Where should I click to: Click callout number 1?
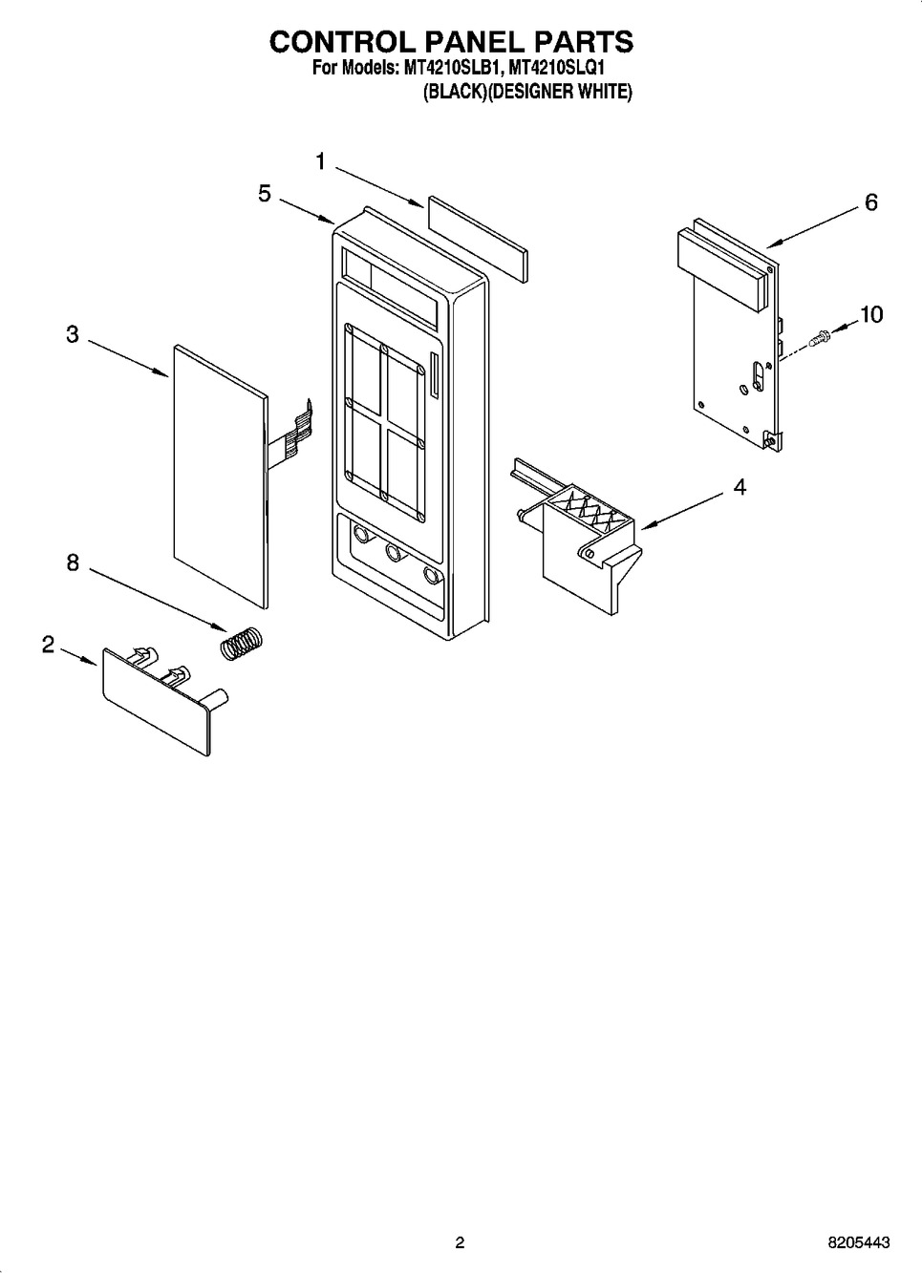(321, 162)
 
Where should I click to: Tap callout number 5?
(265, 194)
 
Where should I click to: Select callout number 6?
(870, 202)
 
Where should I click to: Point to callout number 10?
(871, 314)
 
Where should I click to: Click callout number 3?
(73, 334)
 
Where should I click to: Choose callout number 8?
(73, 562)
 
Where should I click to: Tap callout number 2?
(49, 645)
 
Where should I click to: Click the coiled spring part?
(242, 644)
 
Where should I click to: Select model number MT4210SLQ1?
(555, 69)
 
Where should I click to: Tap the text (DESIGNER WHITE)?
(560, 92)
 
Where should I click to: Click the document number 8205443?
(858, 1242)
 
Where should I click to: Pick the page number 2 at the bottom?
(460, 1242)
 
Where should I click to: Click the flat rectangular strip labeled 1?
(478, 240)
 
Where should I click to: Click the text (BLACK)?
(456, 92)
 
